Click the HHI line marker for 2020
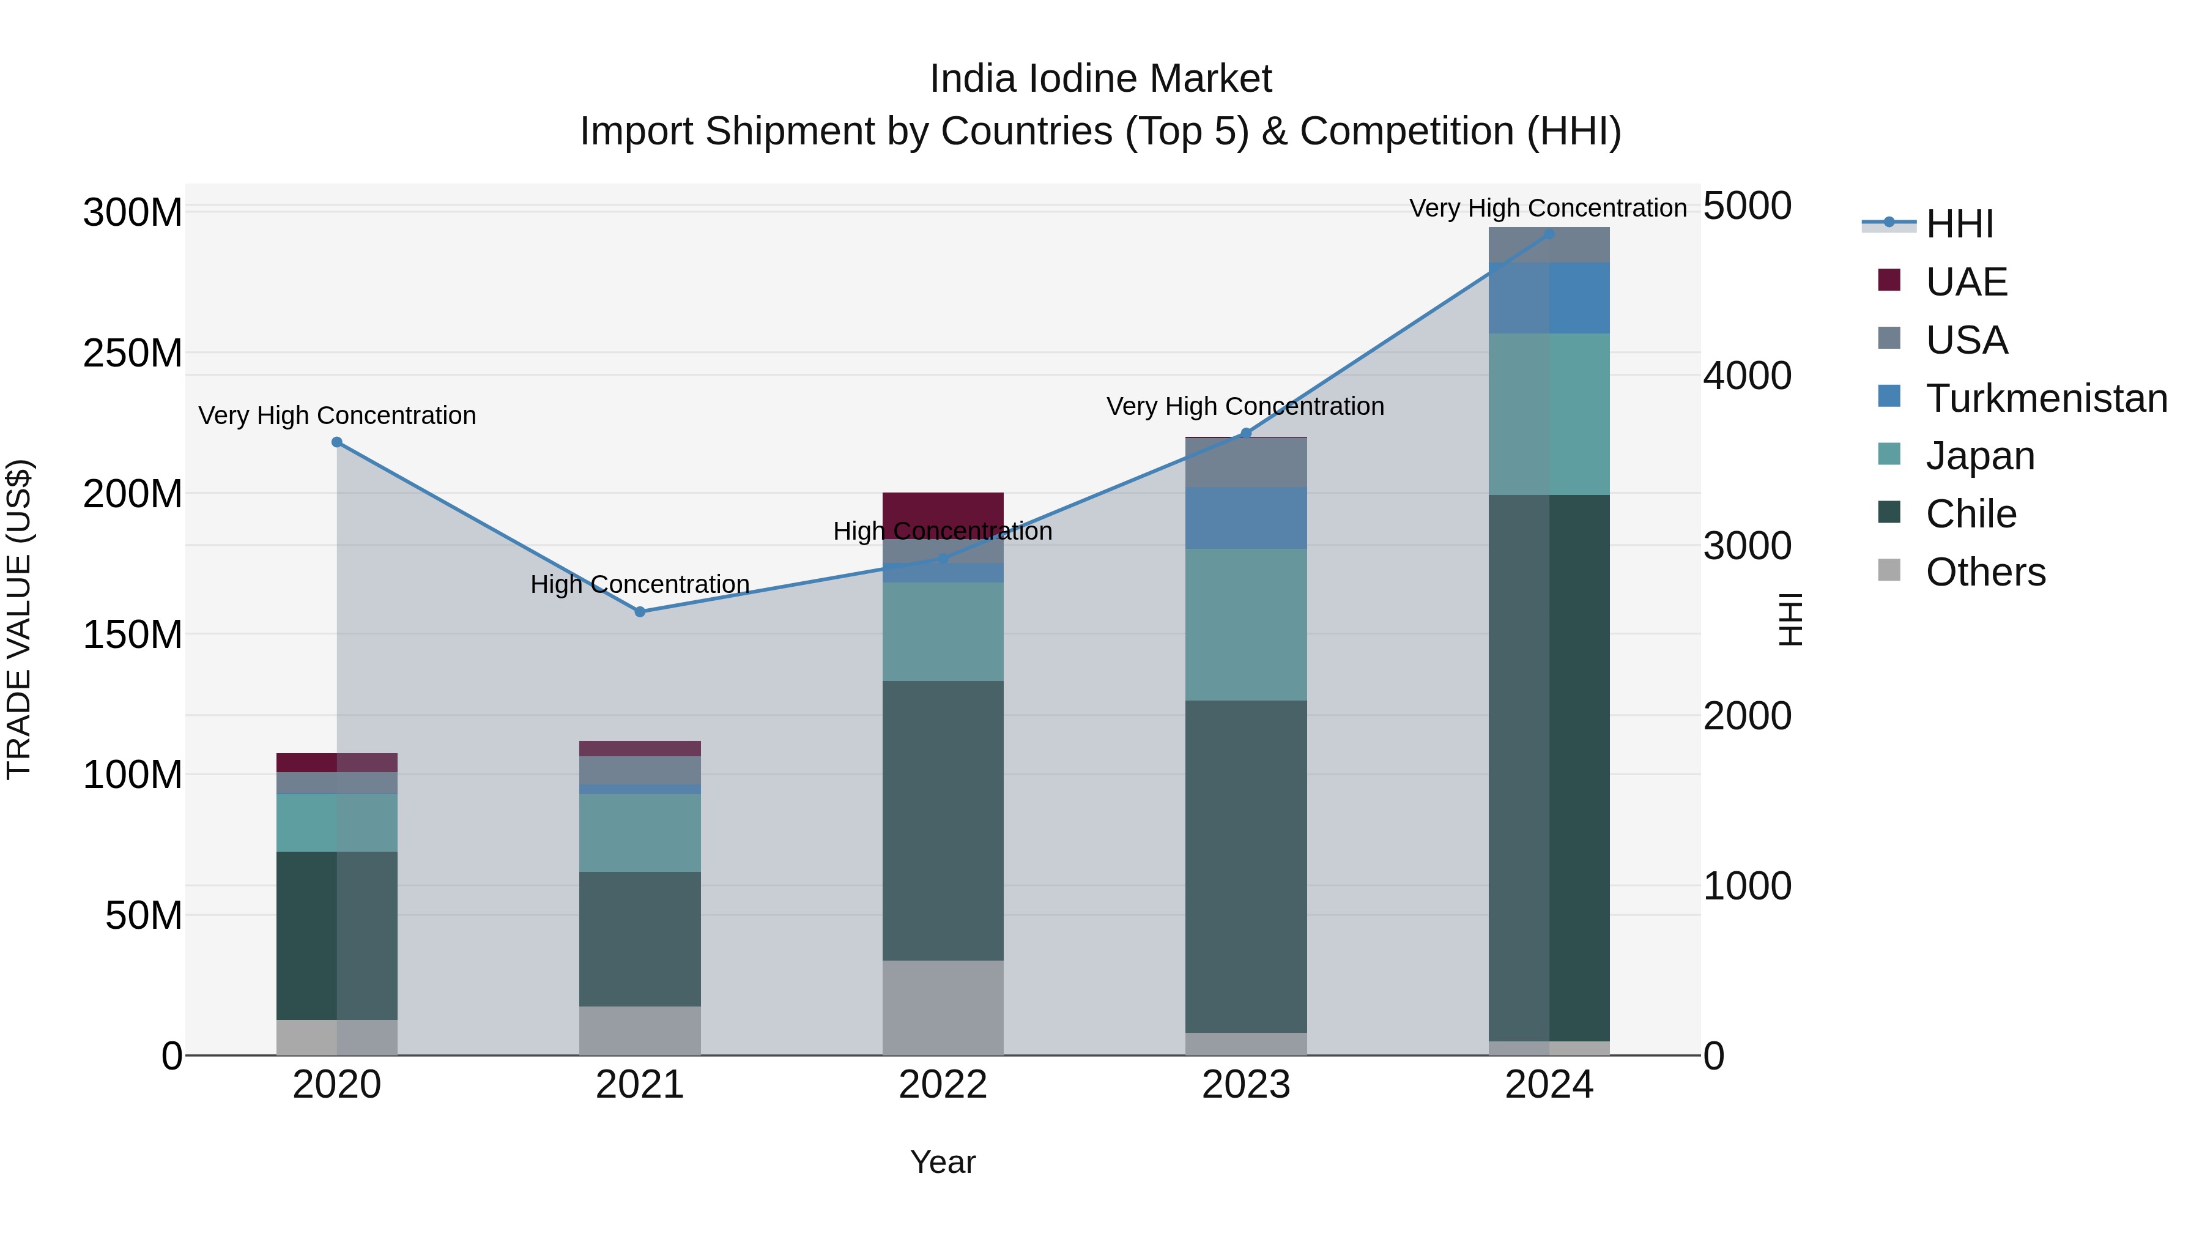point(337,442)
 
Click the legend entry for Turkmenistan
point(2047,398)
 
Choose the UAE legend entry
point(1966,282)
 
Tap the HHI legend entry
point(1959,224)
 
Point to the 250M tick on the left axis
point(133,353)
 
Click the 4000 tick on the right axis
point(1748,376)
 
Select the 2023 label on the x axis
point(1245,1085)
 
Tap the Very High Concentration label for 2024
point(1548,208)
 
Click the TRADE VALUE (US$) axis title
point(20,619)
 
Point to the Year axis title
point(943,1162)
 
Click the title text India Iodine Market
point(1100,79)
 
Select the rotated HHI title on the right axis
point(1790,619)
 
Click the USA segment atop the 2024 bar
point(1549,245)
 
